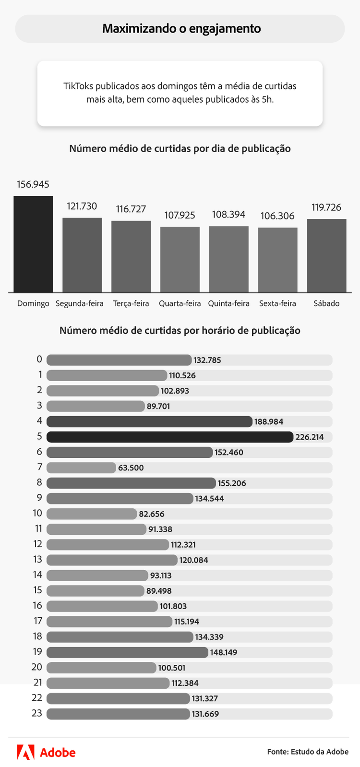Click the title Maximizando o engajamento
click(181, 29)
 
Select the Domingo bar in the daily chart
click(33, 244)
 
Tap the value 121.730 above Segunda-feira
click(82, 206)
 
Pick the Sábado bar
click(326, 255)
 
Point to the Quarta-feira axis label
click(180, 303)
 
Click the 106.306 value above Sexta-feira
click(277, 216)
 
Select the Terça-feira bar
click(131, 256)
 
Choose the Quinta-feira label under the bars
click(228, 303)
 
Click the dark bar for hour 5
click(170, 437)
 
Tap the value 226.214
click(310, 437)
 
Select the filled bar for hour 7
click(81, 467)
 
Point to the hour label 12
click(38, 544)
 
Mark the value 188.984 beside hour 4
click(269, 422)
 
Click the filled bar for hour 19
click(127, 652)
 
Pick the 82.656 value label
click(152, 514)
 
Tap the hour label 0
click(39, 360)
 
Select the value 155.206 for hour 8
click(232, 483)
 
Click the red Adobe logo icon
click(25, 752)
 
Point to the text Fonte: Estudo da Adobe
click(308, 752)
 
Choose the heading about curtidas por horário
click(180, 331)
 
